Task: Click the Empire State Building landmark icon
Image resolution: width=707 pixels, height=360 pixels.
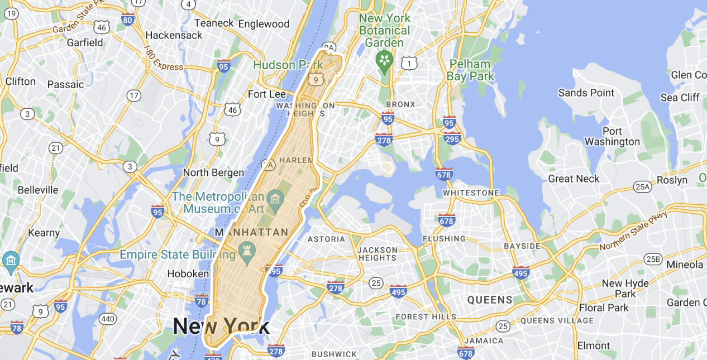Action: [x=246, y=248]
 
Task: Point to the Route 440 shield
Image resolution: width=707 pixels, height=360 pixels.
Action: [x=107, y=319]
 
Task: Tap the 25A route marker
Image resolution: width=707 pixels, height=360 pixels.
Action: [x=642, y=186]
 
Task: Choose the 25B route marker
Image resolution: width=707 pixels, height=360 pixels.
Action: [x=652, y=259]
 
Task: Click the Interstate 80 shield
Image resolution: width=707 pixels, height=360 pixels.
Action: [x=127, y=20]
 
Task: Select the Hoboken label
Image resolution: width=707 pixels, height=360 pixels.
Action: [x=188, y=273]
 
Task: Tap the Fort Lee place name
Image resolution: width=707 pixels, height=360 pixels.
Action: [x=266, y=94]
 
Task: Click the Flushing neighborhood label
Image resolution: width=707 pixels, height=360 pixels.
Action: [x=444, y=239]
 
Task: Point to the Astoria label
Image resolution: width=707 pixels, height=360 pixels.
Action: [x=327, y=239]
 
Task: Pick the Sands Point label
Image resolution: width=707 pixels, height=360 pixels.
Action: [x=586, y=93]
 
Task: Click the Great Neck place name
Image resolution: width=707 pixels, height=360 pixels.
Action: [x=574, y=179]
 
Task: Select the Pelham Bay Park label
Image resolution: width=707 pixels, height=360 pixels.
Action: [x=470, y=70]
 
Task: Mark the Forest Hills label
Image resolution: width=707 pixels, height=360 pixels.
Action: [x=426, y=316]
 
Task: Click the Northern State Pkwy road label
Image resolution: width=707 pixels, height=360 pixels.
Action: [x=633, y=231]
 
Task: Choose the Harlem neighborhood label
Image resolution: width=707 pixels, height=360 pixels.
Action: [x=294, y=160]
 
